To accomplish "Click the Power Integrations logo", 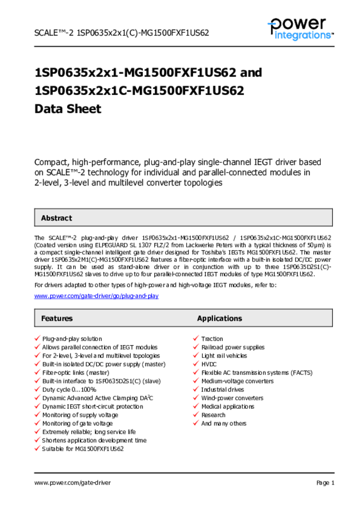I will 300,28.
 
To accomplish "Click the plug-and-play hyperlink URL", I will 96,296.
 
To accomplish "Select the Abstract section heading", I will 56,218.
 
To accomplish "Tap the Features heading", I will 57,318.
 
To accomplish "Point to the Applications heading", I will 219,318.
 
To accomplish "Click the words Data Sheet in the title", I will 68,108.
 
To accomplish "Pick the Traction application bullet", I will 212,339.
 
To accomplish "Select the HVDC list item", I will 209,364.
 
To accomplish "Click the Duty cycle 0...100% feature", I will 69,389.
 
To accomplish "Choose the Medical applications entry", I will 227,406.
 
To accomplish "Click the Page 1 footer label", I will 325,483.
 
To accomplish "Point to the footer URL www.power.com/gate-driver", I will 73,483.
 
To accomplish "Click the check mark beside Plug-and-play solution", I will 37,339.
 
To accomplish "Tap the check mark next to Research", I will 196,415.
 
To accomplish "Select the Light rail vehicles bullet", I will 224,355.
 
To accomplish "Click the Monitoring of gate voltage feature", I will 77,423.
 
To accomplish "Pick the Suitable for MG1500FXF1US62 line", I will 83,448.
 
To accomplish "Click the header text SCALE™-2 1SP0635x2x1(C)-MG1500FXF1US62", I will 121,33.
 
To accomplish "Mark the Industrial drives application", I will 222,389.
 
